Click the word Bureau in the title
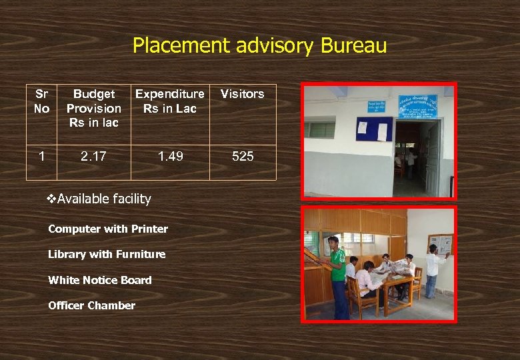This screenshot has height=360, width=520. (x=353, y=45)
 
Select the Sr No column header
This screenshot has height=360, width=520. (x=41, y=101)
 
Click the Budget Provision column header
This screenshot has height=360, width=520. (x=93, y=107)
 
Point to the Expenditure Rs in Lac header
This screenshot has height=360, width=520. (x=169, y=101)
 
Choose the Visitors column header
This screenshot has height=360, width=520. (x=242, y=94)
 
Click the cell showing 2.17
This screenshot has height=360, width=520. (x=93, y=157)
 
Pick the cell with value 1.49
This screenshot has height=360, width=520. (x=169, y=157)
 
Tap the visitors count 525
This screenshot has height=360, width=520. (x=242, y=157)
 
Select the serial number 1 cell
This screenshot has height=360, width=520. (x=41, y=157)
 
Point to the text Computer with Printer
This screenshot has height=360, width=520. (x=108, y=229)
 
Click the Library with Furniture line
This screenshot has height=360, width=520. (x=107, y=254)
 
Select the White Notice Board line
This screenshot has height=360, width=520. (x=100, y=280)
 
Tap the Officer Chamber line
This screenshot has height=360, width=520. (x=91, y=305)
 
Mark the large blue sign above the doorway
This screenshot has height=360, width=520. (x=417, y=107)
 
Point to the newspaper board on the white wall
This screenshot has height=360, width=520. (x=440, y=244)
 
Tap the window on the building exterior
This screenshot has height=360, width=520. (x=321, y=129)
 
